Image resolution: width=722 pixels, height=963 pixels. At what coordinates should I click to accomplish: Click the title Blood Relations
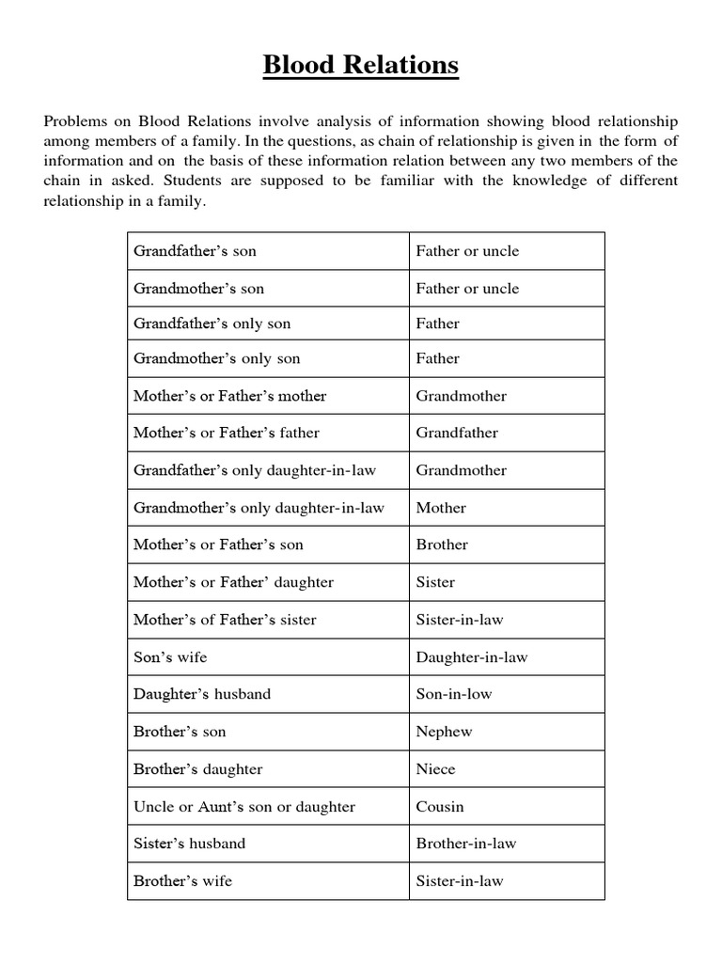(x=361, y=65)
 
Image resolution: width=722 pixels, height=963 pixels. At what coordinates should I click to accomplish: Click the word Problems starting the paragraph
(x=78, y=122)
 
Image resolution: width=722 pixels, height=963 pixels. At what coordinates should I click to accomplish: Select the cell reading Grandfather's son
(x=195, y=251)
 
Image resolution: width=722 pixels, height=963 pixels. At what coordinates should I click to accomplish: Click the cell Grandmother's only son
(x=217, y=358)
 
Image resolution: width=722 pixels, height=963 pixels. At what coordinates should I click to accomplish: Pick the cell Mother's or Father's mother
(x=229, y=396)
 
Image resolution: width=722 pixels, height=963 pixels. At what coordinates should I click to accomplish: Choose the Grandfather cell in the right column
(x=457, y=433)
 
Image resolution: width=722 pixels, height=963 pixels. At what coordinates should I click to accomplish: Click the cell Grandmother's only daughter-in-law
(x=259, y=508)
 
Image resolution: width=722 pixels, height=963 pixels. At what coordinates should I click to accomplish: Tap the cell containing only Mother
(x=441, y=508)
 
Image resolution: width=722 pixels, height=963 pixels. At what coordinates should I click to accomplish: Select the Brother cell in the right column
(x=442, y=545)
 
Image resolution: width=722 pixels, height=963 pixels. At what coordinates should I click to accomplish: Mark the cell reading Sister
(x=435, y=582)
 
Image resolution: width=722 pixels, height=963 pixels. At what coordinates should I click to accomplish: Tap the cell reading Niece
(x=435, y=769)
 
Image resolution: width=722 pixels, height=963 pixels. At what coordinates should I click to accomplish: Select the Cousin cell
(x=440, y=807)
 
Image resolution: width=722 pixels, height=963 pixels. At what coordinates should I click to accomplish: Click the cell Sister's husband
(x=189, y=844)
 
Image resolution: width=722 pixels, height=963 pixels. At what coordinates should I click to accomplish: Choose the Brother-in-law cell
(x=466, y=844)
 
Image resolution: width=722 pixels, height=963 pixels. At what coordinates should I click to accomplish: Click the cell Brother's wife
(x=182, y=881)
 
